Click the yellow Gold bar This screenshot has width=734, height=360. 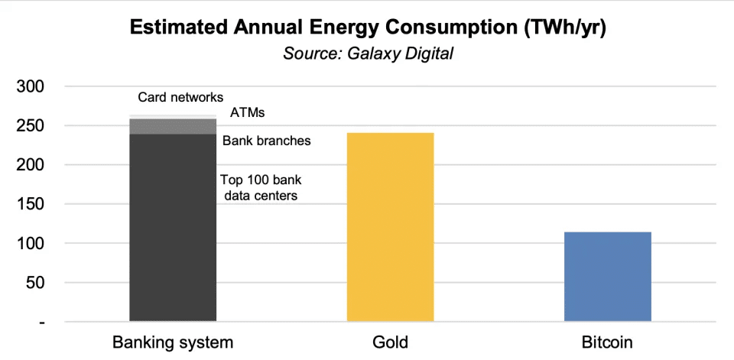click(x=390, y=227)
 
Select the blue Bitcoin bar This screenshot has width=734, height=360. click(x=607, y=277)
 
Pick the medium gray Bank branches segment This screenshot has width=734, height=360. click(x=173, y=127)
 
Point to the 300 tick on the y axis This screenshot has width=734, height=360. click(x=33, y=86)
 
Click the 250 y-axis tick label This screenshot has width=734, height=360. click(x=33, y=125)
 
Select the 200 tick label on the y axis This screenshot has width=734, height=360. click(x=33, y=165)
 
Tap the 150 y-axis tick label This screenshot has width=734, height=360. click(x=33, y=204)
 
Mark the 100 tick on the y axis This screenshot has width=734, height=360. click(x=33, y=244)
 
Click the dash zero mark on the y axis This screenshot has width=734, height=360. click(x=42, y=323)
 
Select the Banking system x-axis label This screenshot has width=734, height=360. click(x=173, y=342)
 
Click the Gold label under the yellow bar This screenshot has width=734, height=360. click(x=390, y=342)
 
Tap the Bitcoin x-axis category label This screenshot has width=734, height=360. click(x=607, y=342)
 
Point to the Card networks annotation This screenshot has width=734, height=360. click(x=180, y=97)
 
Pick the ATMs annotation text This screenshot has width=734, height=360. click(x=248, y=113)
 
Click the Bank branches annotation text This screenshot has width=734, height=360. click(x=266, y=141)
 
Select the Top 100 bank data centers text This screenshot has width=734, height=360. click(x=258, y=188)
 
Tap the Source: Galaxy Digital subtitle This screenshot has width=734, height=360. click(x=367, y=54)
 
